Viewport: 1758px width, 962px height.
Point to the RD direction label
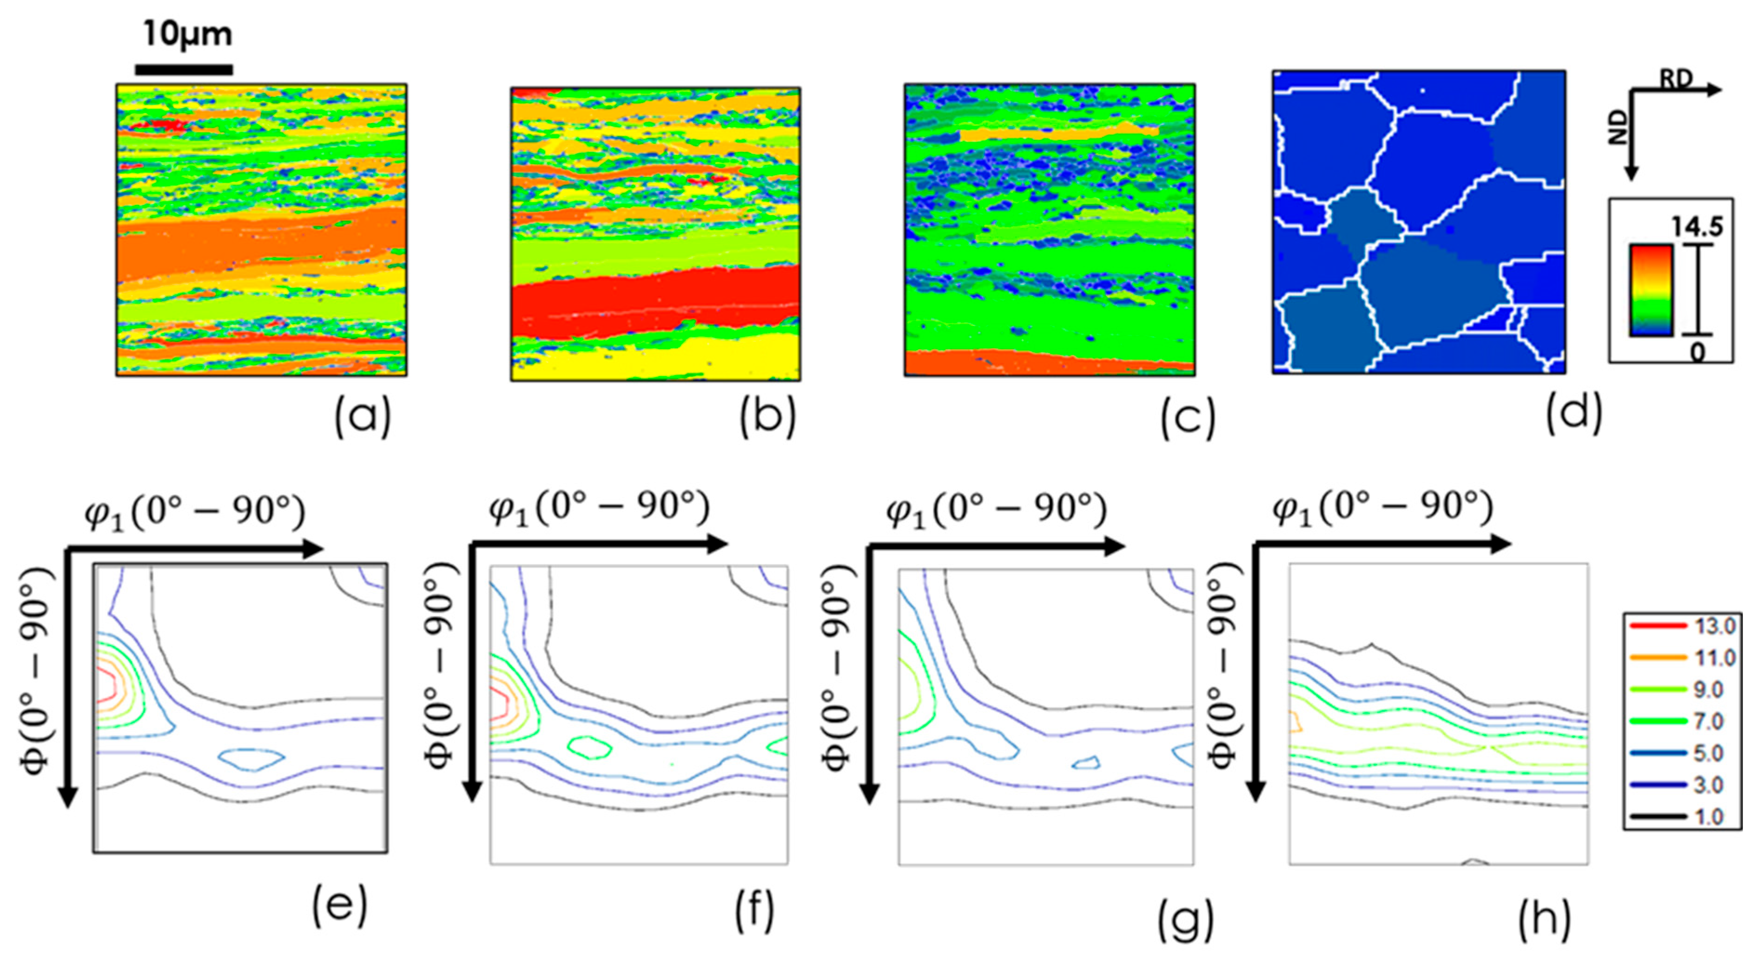coord(1676,80)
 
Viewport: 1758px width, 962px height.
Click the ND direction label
coord(1618,128)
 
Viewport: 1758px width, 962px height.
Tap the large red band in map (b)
coord(655,300)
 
